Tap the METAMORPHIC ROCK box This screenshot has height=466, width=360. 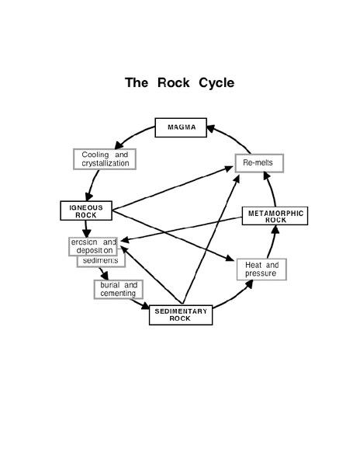click(275, 215)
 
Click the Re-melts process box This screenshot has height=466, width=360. click(259, 164)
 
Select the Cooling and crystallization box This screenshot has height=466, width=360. click(105, 158)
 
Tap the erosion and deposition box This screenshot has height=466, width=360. click(92, 245)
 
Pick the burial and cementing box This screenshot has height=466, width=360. click(117, 289)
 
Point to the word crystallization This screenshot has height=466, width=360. click(105, 163)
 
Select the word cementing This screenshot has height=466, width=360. click(117, 294)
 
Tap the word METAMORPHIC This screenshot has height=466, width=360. click(275, 211)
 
